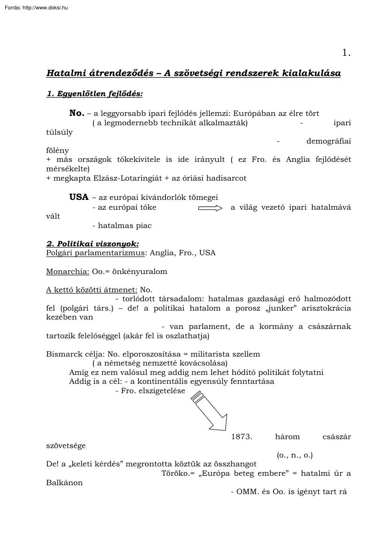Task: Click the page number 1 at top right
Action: (346, 53)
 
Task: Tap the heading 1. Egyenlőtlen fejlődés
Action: (94, 94)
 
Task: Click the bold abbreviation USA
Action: (79, 198)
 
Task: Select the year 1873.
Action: (242, 436)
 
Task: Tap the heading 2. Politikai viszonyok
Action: (92, 244)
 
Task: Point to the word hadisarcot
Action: (224, 178)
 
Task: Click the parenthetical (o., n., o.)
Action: (295, 455)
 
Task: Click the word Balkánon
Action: (64, 482)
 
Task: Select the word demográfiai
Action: (328, 141)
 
